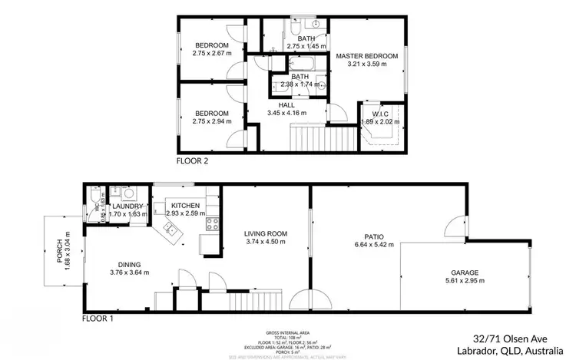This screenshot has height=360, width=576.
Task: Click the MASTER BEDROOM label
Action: (366, 56)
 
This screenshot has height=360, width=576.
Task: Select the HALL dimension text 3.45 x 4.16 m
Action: (286, 113)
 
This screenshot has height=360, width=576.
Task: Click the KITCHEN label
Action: (185, 205)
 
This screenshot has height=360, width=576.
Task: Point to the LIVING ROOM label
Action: (265, 233)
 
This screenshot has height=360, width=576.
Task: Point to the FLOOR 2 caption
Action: (193, 161)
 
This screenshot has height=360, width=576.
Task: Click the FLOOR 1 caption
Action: (100, 317)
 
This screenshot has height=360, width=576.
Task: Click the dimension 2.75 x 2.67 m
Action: (211, 54)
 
